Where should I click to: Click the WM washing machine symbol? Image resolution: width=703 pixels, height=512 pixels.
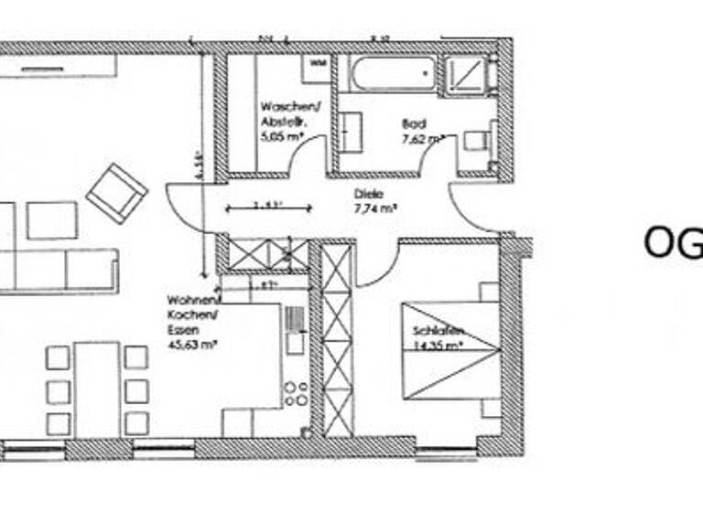(318, 63)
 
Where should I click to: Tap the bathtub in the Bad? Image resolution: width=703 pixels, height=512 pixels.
(393, 73)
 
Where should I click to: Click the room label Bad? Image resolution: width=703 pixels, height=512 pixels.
(413, 123)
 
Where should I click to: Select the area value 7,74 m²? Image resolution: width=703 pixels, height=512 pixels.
(375, 208)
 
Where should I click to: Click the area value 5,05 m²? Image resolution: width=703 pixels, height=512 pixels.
(281, 137)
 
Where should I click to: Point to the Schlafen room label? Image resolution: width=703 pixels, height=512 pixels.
(438, 330)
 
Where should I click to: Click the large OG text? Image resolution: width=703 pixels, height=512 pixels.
(672, 242)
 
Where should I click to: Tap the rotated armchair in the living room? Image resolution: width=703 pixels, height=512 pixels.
(117, 191)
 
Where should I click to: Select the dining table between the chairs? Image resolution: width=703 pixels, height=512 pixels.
(96, 388)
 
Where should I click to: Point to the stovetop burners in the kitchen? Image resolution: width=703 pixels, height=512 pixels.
(295, 393)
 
